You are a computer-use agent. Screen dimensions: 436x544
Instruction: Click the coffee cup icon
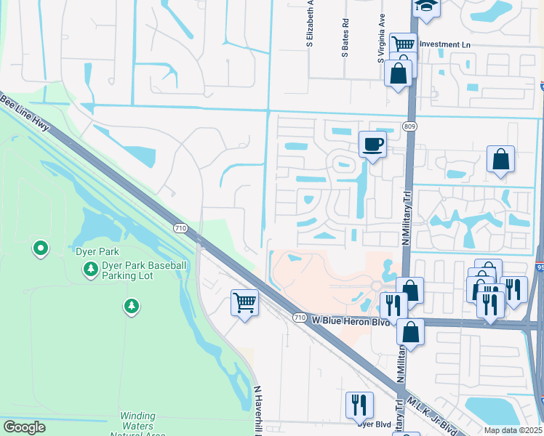pos(372,144)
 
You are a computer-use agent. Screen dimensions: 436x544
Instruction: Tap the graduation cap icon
pos(425,7)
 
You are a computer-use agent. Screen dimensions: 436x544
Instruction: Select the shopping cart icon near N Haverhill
pos(245,302)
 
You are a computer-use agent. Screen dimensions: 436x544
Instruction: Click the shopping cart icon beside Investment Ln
pos(402,45)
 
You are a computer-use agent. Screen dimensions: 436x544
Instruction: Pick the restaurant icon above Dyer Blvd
pos(359,404)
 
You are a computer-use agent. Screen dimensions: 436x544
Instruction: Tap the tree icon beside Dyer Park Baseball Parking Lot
pos(91,270)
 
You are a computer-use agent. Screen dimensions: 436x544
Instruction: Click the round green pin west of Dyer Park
pos(41,249)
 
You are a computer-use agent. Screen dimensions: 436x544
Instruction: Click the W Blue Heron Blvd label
pos(346,320)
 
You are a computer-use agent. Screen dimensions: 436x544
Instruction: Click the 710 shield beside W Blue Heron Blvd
pos(299,318)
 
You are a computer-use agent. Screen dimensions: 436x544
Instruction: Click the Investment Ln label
pos(446,44)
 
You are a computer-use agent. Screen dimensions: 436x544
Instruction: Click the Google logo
pos(25,427)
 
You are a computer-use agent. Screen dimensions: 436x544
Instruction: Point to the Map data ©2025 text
pos(512,430)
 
